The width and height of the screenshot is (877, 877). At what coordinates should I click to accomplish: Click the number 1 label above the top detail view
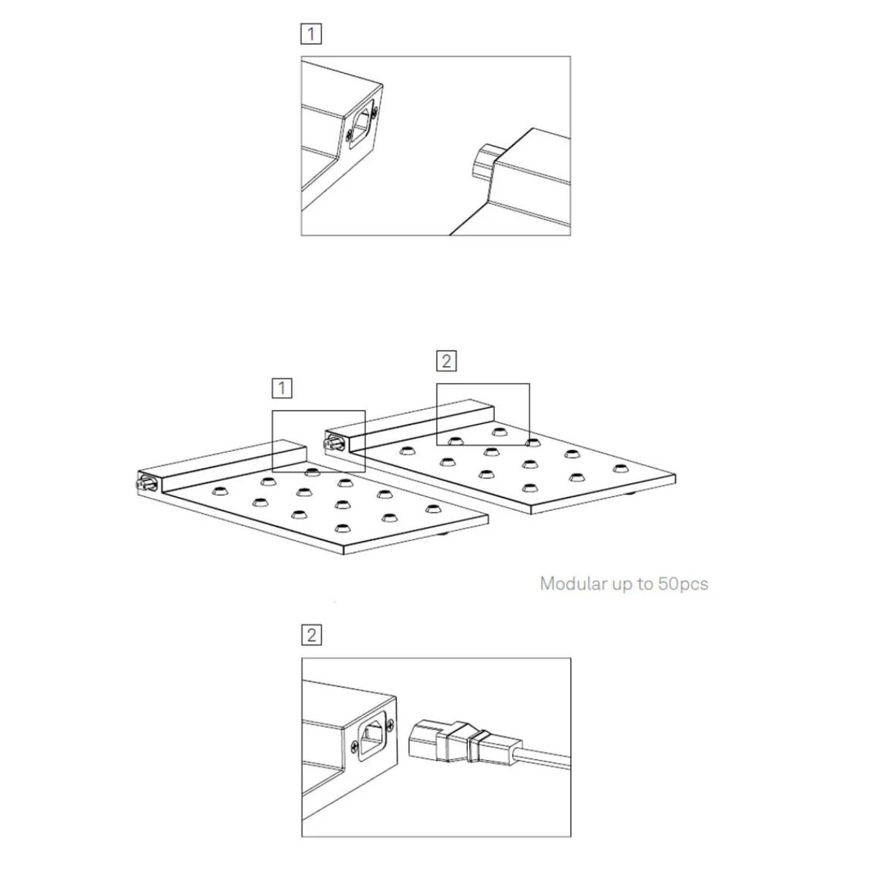[311, 34]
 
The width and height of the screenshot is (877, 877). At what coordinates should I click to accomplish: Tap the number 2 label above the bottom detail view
[311, 635]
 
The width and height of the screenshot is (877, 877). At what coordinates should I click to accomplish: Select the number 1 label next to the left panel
[281, 388]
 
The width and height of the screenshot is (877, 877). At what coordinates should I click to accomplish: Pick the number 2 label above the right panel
[446, 361]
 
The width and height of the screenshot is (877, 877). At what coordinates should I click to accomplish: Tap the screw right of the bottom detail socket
[390, 726]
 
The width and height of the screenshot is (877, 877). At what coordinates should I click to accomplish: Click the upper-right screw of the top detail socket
[374, 110]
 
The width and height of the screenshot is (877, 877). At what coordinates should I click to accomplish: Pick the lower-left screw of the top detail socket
[349, 134]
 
